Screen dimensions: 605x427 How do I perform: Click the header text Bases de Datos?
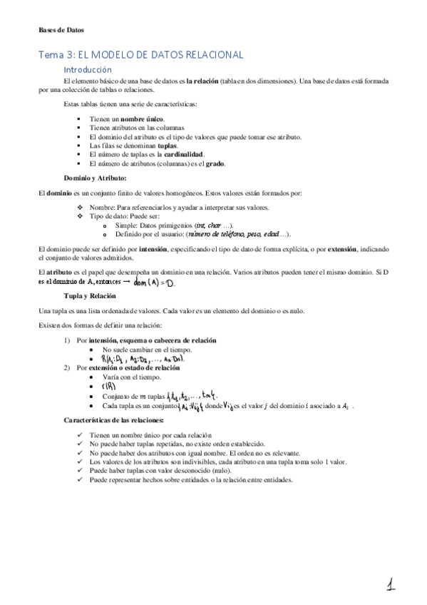(x=61, y=31)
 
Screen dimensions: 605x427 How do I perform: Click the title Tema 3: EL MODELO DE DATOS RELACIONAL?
(x=141, y=55)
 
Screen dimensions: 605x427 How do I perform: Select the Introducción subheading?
(x=88, y=70)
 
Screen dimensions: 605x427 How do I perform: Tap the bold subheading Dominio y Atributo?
(x=96, y=178)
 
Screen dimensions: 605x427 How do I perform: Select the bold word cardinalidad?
(x=184, y=154)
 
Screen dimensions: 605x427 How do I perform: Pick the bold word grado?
(x=216, y=163)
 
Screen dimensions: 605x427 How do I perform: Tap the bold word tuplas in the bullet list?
(x=167, y=145)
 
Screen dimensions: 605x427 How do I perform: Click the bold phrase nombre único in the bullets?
(x=141, y=118)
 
